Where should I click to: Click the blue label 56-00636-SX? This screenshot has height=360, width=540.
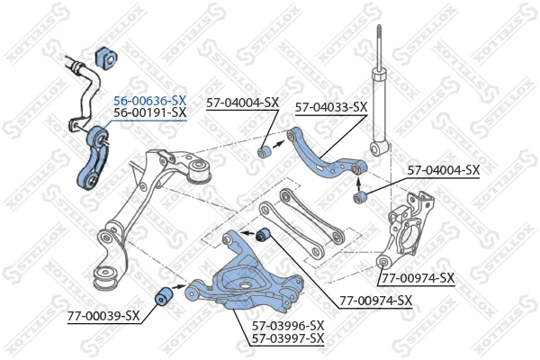tap(149, 100)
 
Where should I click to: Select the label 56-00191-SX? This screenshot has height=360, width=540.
tap(149, 113)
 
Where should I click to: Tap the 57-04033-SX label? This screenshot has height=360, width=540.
tap(331, 106)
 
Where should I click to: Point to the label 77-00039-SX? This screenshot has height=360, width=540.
tap(103, 316)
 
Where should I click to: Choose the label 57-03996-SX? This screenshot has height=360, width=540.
tap(287, 325)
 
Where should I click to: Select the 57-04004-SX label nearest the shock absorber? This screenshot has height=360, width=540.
tap(444, 169)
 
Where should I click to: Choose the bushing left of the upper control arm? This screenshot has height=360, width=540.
tap(265, 151)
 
